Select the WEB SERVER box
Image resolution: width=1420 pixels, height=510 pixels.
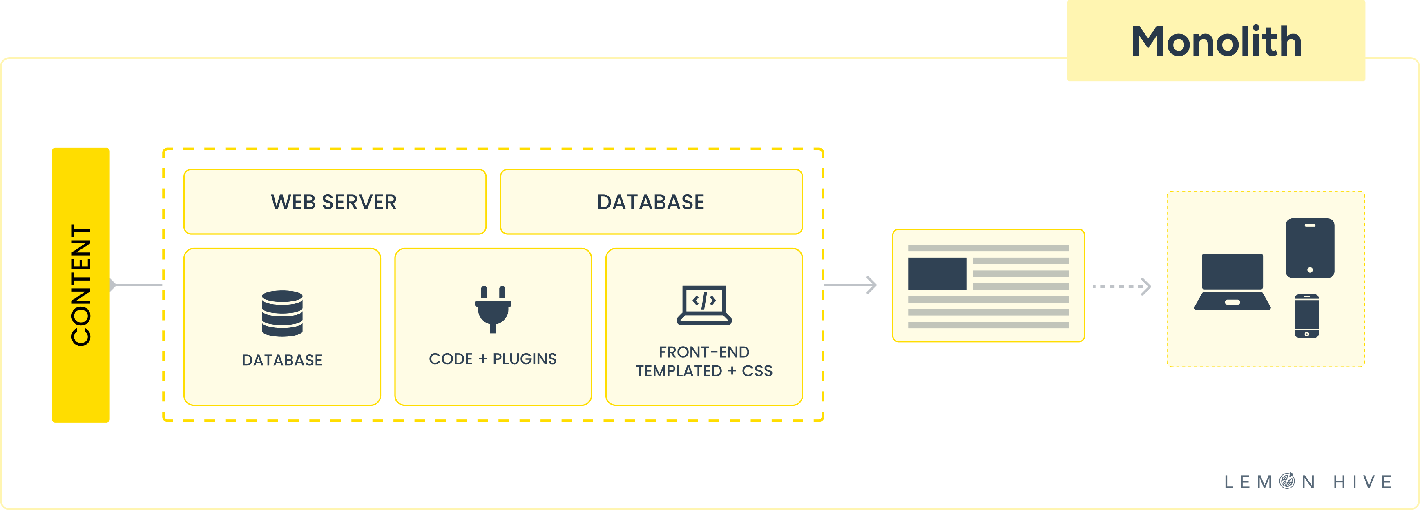click(x=335, y=202)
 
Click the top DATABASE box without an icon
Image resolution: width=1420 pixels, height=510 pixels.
click(x=651, y=202)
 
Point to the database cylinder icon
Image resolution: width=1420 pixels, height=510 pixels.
click(x=282, y=313)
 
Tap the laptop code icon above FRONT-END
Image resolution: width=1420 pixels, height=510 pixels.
click(x=704, y=305)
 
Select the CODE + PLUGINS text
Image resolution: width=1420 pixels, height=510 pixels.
click(x=493, y=359)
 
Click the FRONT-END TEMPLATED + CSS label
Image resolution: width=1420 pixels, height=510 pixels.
click(x=704, y=361)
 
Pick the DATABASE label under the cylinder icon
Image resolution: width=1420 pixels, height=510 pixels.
click(x=282, y=360)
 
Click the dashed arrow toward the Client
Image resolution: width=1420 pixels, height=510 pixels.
click(x=1122, y=286)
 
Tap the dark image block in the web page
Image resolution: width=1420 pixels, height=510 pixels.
click(x=937, y=273)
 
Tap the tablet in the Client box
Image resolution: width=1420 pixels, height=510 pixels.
click(x=1310, y=248)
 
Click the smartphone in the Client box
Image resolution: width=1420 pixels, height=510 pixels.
click(x=1306, y=316)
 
